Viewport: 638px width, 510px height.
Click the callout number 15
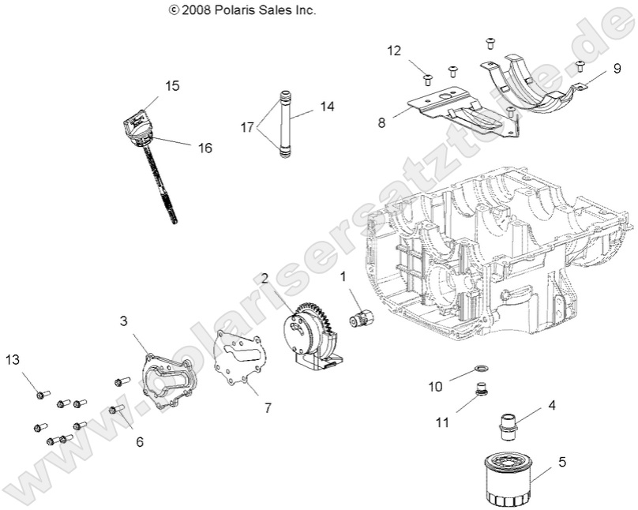click(x=172, y=84)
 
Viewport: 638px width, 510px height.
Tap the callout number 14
click(x=328, y=105)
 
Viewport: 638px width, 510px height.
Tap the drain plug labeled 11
click(x=478, y=391)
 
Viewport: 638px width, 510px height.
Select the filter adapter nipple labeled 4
click(x=506, y=423)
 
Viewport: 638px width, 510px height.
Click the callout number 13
click(x=12, y=360)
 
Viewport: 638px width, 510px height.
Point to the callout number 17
click(x=248, y=126)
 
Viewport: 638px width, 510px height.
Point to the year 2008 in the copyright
click(x=194, y=11)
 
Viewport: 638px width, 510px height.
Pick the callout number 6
click(x=139, y=442)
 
